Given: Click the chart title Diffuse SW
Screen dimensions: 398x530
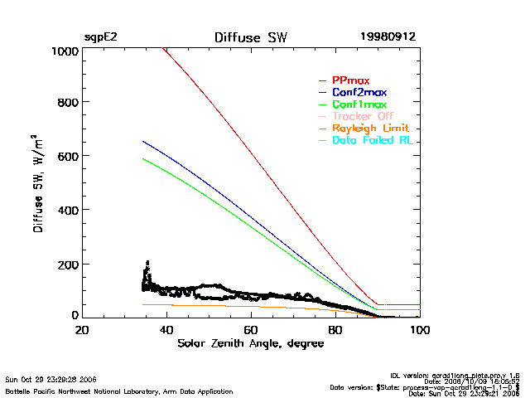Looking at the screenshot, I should tap(251, 37).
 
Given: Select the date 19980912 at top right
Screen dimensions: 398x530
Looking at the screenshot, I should tap(388, 37).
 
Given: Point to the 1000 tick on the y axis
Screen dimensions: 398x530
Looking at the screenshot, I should tap(65, 51).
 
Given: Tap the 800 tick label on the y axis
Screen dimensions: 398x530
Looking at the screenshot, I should tap(68, 103).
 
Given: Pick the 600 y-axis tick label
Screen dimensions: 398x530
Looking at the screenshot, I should tap(68, 156).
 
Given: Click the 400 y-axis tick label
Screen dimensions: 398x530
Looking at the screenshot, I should tap(68, 210).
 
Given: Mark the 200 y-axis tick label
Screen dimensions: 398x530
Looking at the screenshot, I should tap(68, 264).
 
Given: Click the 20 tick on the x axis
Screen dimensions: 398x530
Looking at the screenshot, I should tap(82, 329).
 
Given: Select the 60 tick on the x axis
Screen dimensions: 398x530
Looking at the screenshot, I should tap(251, 329).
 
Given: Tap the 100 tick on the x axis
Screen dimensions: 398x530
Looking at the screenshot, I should tap(420, 329).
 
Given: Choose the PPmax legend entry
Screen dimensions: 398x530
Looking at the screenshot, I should tap(351, 80).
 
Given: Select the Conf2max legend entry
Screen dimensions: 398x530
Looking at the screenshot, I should tap(359, 93).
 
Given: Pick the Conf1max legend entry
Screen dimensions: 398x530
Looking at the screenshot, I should tap(359, 105).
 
